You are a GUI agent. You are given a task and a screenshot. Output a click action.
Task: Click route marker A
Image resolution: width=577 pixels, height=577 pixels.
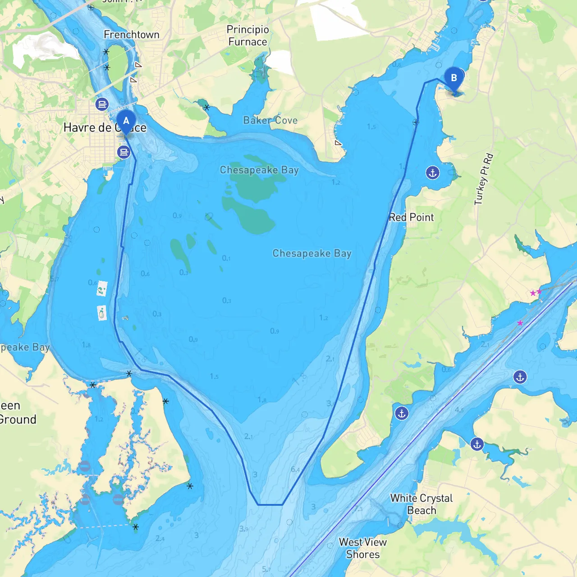point(126,121)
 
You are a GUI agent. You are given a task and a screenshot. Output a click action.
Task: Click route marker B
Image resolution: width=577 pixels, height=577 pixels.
point(454,78)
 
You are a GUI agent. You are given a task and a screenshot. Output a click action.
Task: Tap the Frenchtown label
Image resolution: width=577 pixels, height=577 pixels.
point(132,35)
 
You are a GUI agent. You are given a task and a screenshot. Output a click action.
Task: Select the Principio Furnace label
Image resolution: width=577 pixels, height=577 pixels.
point(247,36)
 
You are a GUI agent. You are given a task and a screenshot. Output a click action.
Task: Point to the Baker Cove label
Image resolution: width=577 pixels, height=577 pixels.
point(270,120)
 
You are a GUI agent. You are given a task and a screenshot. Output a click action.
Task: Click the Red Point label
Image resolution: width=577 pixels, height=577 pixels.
point(411,217)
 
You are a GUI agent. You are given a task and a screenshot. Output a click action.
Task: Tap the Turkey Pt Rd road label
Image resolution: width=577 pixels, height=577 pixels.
point(484,179)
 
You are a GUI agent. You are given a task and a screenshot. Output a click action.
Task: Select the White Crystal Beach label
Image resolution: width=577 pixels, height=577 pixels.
point(421,504)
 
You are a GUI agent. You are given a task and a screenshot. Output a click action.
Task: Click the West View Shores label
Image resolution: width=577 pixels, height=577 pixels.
point(363,548)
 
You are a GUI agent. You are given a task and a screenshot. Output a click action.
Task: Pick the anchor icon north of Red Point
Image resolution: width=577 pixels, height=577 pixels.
point(433,173)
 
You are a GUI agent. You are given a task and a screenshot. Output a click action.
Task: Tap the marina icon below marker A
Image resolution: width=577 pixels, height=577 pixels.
point(124,152)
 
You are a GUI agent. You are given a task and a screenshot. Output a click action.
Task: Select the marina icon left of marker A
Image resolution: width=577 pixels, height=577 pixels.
point(102,105)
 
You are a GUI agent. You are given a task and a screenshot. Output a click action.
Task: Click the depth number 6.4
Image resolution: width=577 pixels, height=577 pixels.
point(295,469)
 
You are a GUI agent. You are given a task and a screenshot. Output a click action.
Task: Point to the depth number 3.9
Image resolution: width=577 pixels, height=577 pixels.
point(243,529)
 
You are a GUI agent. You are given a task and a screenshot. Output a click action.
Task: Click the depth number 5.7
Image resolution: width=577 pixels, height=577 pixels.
point(266,569)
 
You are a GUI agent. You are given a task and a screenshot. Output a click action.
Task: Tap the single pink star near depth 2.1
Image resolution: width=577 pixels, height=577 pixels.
point(520,323)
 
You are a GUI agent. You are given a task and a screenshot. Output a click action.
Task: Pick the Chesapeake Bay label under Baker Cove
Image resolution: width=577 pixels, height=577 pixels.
point(259,170)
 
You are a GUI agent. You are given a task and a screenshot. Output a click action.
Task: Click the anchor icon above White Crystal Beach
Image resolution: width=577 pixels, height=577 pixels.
point(477,444)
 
